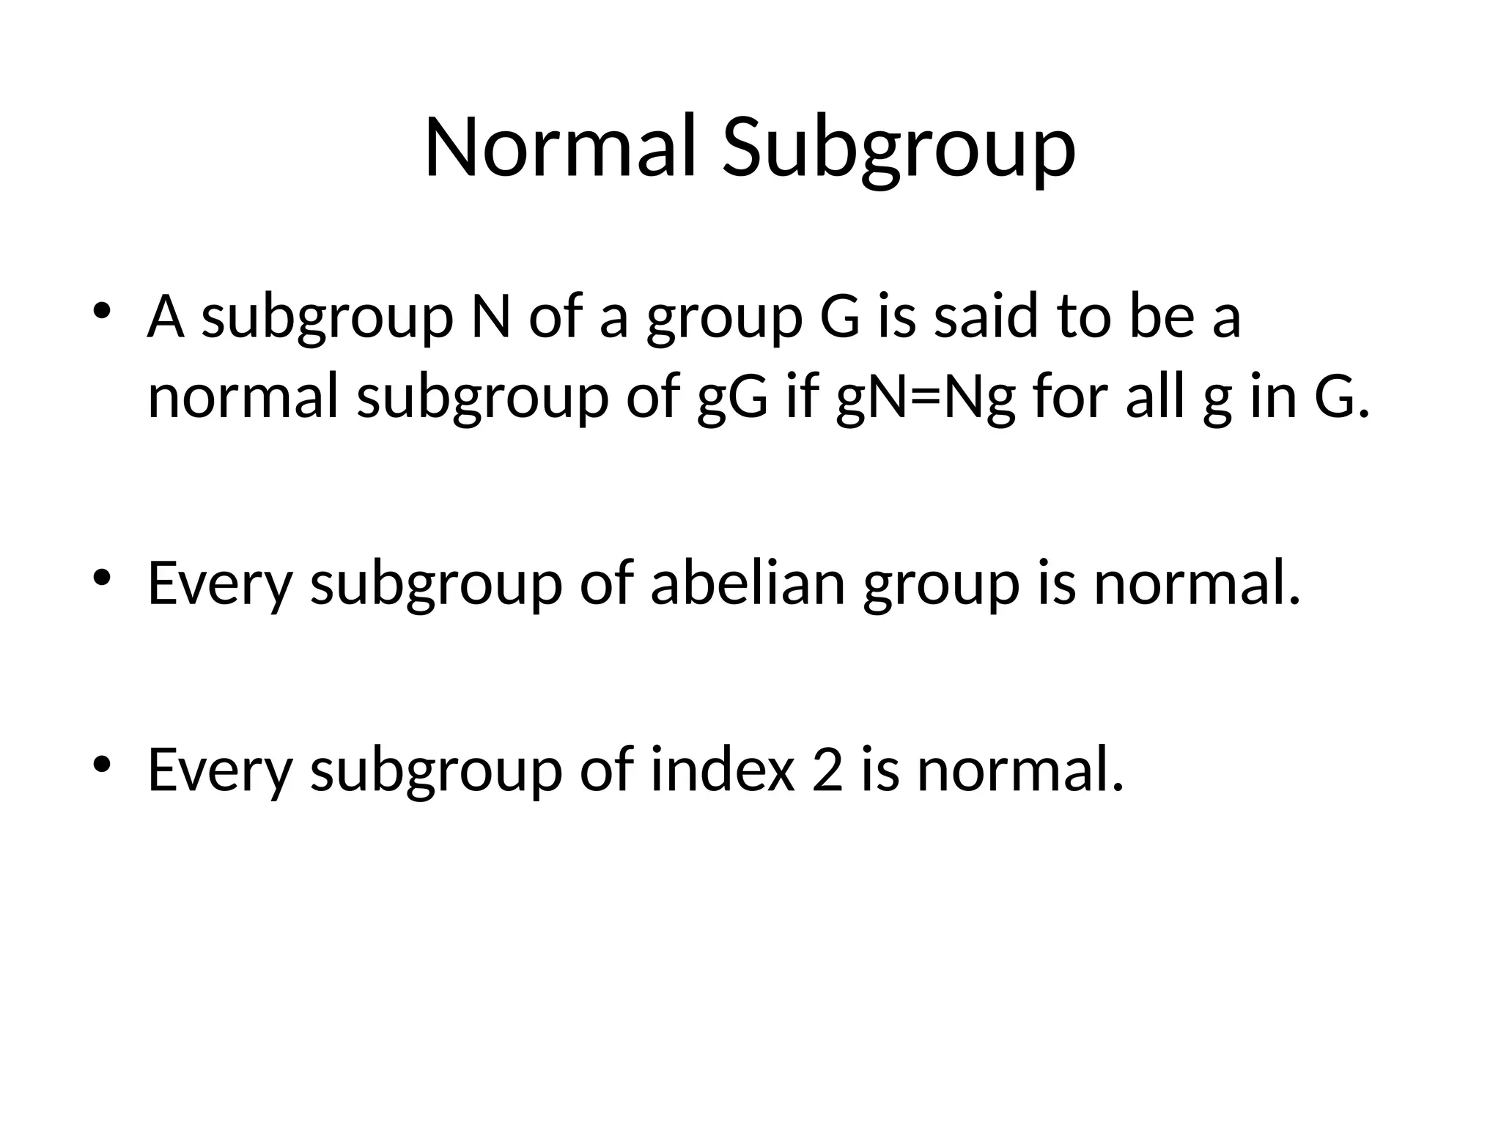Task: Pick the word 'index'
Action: tap(723, 770)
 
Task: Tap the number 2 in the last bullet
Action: tap(827, 770)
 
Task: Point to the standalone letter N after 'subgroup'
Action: tap(490, 317)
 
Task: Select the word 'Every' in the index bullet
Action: tap(220, 770)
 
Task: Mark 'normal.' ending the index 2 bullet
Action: tap(1019, 770)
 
